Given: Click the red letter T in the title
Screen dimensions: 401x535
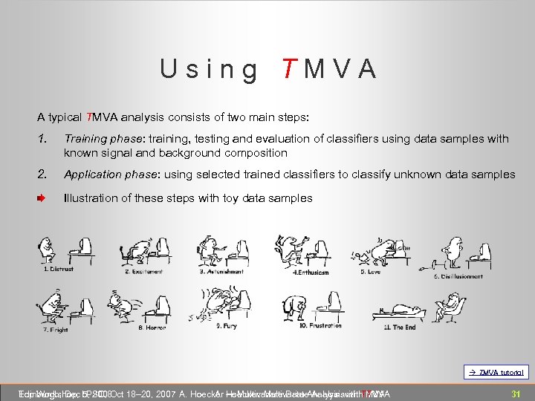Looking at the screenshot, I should [x=289, y=69].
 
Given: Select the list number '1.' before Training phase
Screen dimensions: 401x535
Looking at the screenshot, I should [x=42, y=139].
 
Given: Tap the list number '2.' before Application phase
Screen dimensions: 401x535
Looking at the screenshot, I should [x=43, y=175].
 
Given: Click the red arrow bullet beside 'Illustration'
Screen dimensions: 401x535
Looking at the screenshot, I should [x=42, y=198].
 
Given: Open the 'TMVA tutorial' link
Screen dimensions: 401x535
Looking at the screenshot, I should [x=497, y=372].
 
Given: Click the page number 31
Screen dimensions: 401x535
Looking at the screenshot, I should [x=514, y=393].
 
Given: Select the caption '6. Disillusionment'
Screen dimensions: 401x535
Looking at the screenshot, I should [x=458, y=276].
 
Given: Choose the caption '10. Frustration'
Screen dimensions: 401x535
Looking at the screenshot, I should [x=320, y=325].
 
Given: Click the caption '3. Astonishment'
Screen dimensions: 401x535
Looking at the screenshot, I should [x=221, y=272].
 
